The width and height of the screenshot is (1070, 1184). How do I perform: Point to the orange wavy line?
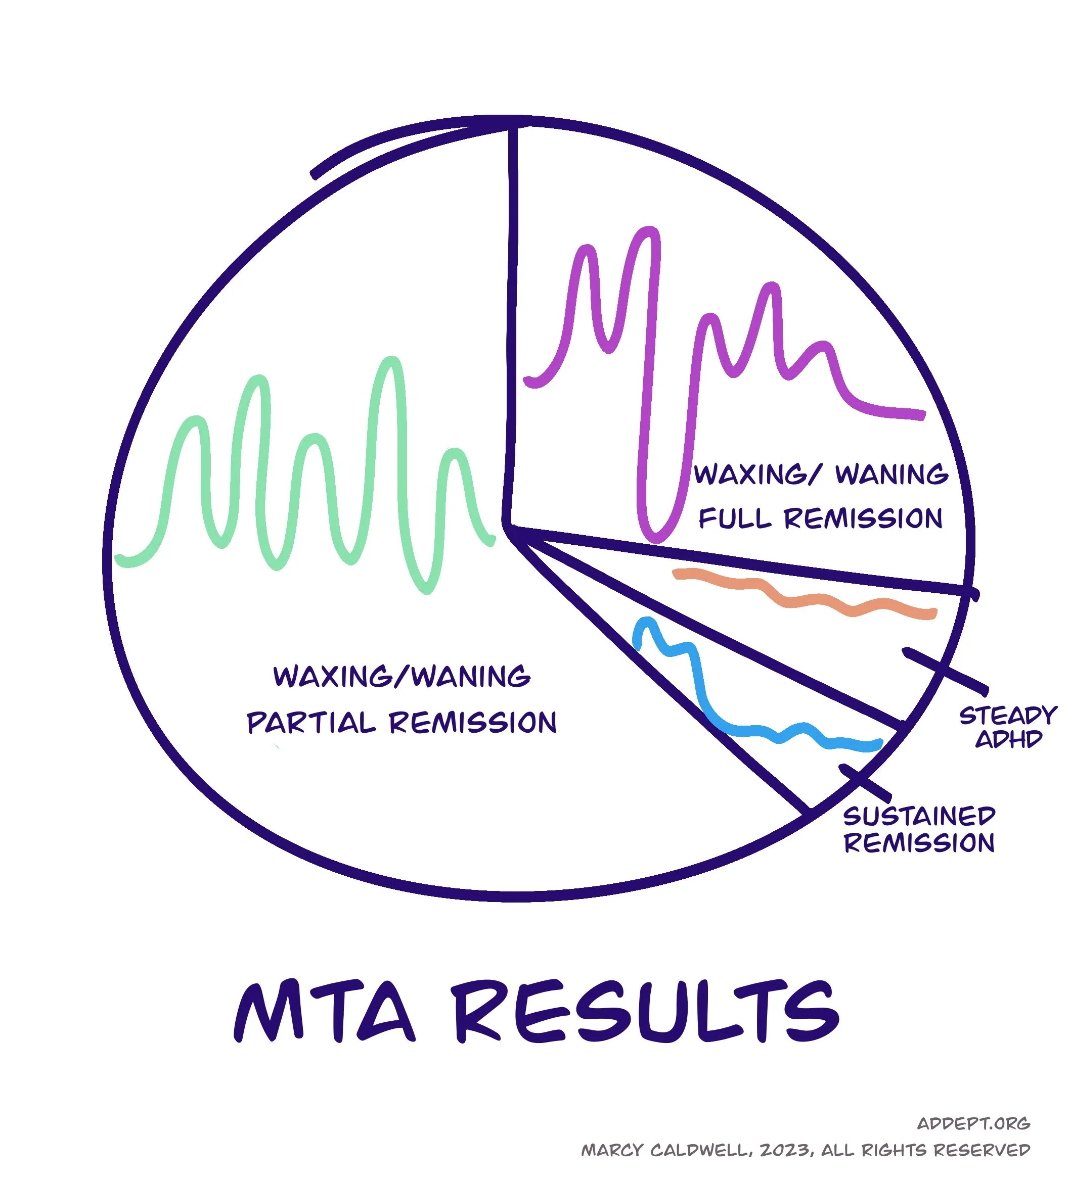click(x=805, y=600)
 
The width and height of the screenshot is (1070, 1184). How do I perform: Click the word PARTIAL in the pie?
click(x=311, y=723)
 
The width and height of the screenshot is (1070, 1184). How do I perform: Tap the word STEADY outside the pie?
click(x=1008, y=716)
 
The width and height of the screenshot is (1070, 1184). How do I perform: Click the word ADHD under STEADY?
click(x=1008, y=739)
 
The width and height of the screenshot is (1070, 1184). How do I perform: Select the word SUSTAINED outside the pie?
click(x=919, y=816)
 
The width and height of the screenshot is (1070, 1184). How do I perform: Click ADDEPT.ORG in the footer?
click(x=973, y=1123)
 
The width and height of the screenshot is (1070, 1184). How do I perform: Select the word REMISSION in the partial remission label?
click(x=472, y=723)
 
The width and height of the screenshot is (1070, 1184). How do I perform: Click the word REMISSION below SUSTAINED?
click(x=919, y=843)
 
